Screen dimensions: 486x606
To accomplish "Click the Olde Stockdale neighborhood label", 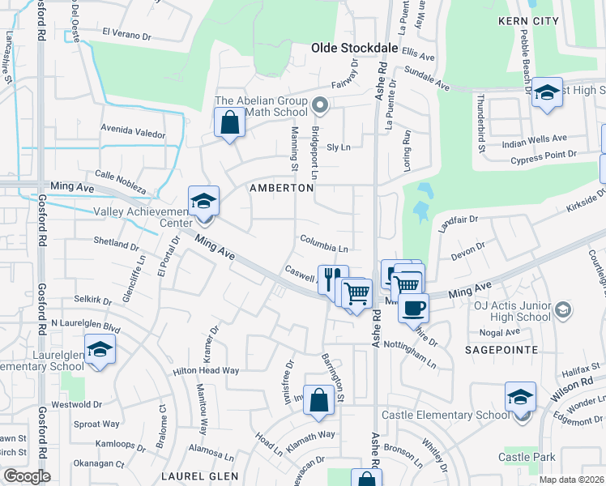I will [355, 49].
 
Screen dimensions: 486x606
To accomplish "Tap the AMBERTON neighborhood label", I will [281, 188].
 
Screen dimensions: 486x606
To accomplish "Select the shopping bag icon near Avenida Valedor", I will [230, 123].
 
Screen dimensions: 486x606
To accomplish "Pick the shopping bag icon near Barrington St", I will [319, 399].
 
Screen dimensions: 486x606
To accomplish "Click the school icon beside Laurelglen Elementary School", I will [100, 349].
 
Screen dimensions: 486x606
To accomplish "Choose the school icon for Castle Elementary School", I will [520, 396].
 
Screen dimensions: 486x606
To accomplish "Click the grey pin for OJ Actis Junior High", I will [564, 309].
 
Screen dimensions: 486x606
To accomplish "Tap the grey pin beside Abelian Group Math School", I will [320, 104].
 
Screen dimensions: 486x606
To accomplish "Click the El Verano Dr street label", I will [126, 34].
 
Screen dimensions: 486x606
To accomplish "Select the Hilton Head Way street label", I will [206, 370].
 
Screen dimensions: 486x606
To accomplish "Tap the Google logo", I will [26, 475].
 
